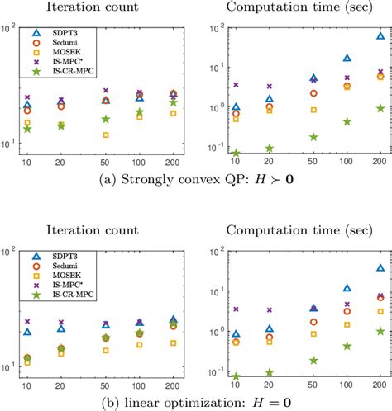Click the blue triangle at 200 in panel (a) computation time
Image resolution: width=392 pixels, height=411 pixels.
tap(380, 36)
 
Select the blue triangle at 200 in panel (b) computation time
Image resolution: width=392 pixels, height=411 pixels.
tap(380, 268)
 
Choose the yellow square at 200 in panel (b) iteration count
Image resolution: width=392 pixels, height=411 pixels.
tap(173, 342)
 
